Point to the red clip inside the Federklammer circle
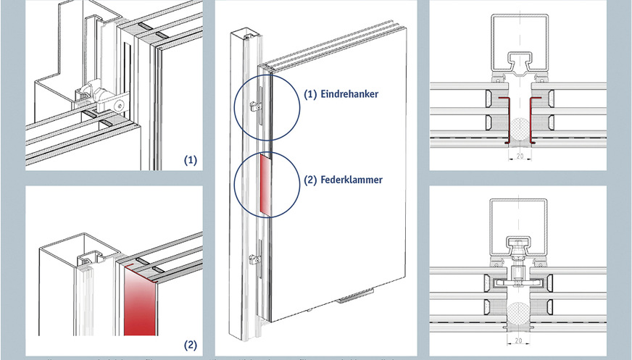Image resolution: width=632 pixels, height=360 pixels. pos(264,185)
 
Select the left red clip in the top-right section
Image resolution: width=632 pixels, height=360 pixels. pos(505,119)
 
